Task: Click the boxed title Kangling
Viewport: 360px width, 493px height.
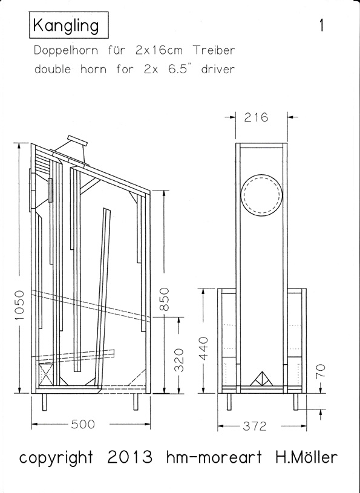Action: [x=69, y=25]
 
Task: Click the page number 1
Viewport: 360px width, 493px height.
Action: [x=321, y=25]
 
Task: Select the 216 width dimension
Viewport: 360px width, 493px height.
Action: [x=256, y=117]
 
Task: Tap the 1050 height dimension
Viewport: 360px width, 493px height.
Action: [x=19, y=305]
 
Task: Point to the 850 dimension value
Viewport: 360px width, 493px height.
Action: [x=165, y=299]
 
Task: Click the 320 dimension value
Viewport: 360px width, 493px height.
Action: [x=179, y=360]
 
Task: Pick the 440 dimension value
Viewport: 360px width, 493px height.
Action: [x=204, y=348]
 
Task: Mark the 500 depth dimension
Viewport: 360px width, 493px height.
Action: [x=83, y=425]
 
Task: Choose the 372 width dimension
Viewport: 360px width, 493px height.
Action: [x=255, y=426]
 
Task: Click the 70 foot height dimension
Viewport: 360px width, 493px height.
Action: [x=320, y=371]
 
